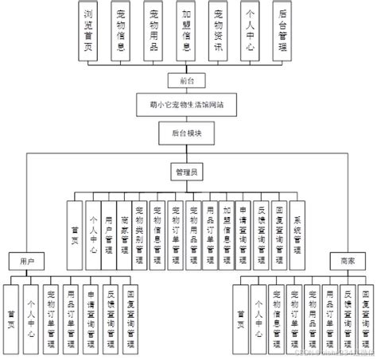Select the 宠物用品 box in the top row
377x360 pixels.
[x=156, y=31]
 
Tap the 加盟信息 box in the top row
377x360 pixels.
[x=186, y=31]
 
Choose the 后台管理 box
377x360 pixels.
[x=282, y=31]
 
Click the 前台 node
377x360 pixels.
[x=188, y=81]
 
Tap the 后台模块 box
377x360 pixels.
[x=188, y=134]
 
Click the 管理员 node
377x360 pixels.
[x=188, y=170]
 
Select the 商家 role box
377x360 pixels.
[x=346, y=259]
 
